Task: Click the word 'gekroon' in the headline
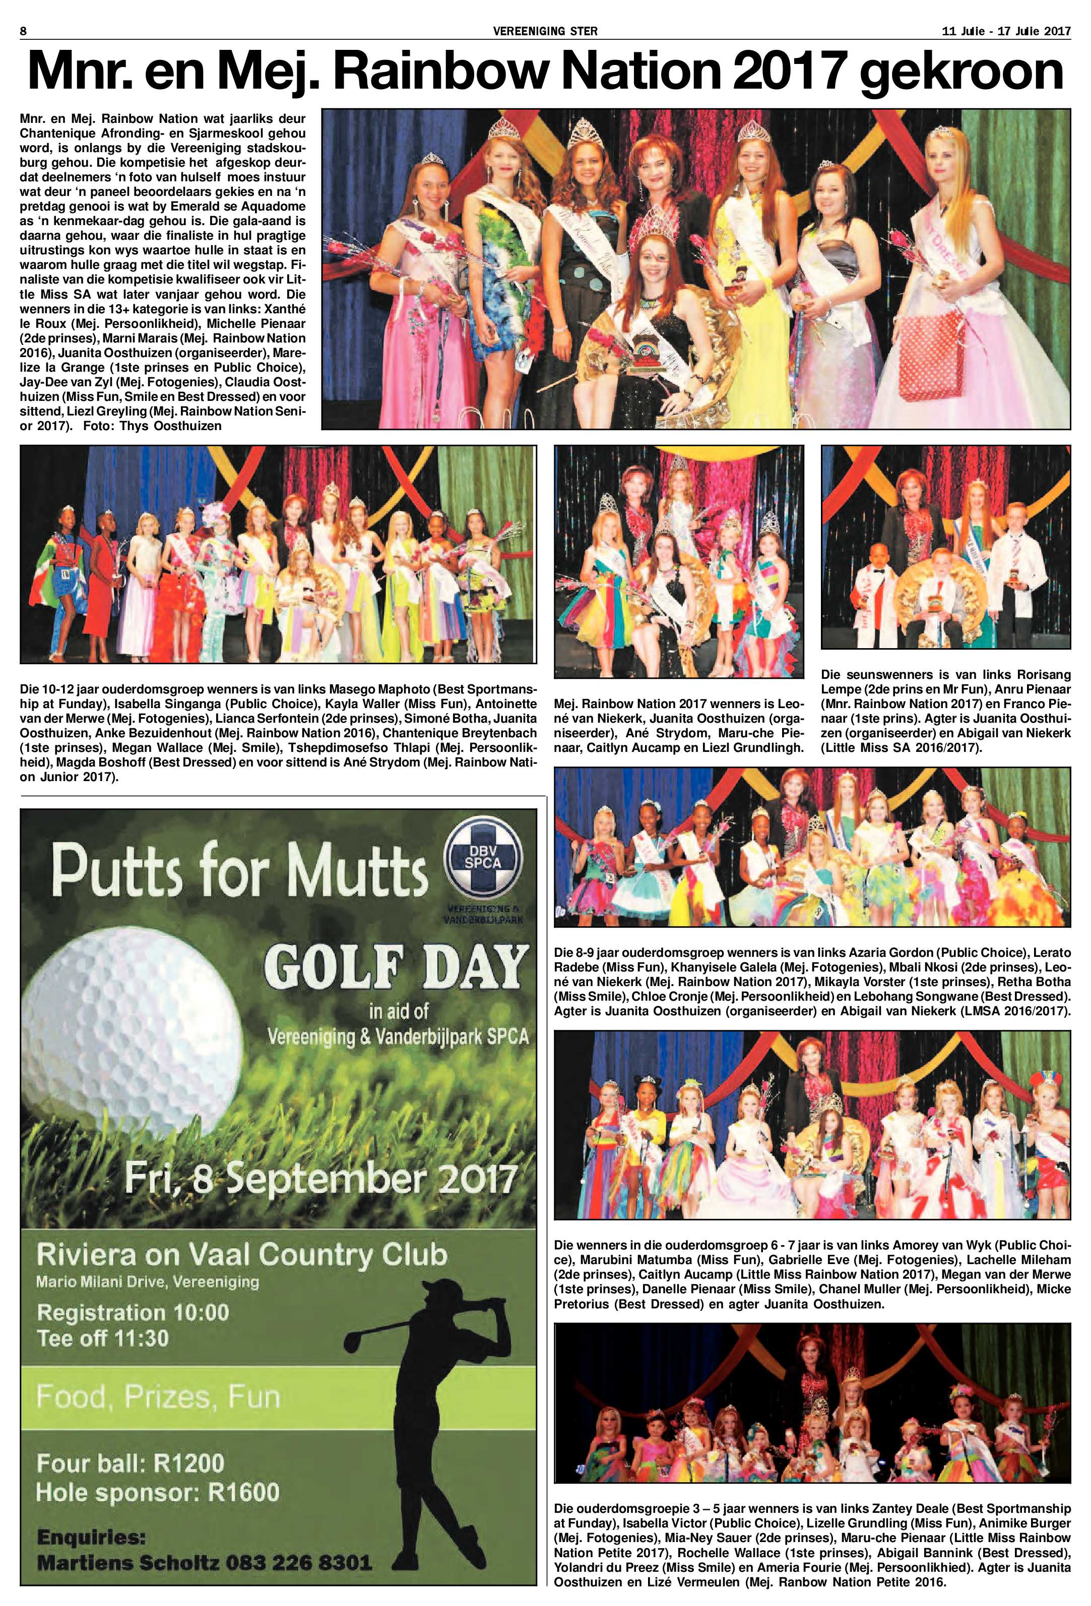(961, 75)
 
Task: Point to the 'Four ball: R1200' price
(131, 1463)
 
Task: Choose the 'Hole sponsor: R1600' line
(158, 1492)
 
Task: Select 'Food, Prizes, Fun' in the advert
(158, 1398)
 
